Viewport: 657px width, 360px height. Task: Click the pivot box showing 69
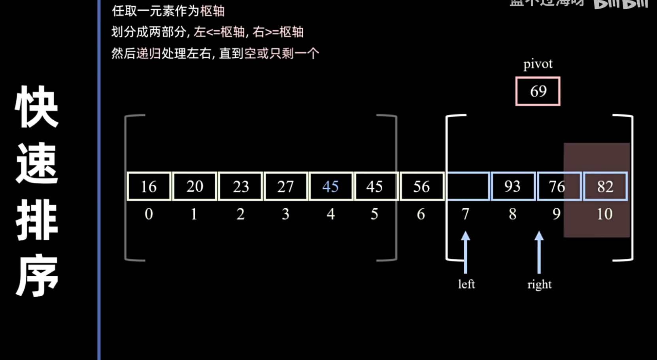(538, 91)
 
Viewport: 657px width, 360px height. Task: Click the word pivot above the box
(538, 64)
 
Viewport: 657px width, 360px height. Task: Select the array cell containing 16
(149, 186)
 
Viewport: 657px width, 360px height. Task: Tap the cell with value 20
(195, 186)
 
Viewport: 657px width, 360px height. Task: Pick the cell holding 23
(240, 186)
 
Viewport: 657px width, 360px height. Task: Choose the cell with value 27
(285, 186)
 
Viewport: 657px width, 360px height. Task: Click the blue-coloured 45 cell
(330, 186)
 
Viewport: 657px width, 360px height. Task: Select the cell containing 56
(421, 186)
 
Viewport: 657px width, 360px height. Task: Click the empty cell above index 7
(468, 186)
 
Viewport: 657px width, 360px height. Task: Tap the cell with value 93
(513, 186)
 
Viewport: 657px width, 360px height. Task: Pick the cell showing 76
(557, 186)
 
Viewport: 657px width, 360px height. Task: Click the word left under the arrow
(466, 284)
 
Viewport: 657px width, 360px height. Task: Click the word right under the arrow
(539, 284)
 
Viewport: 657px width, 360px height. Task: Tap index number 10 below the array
(604, 214)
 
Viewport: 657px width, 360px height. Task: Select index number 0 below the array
(149, 214)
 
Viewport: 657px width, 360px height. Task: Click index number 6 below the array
(421, 214)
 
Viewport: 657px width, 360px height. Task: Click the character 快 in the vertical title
(37, 107)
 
